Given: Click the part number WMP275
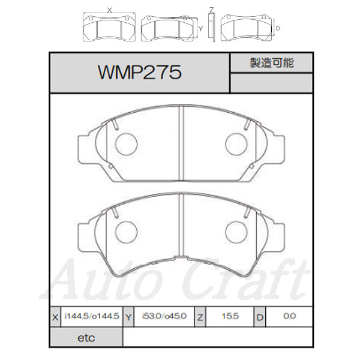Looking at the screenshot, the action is click(x=140, y=73).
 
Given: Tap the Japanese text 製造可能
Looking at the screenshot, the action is click(x=272, y=62).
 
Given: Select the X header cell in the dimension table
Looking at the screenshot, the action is click(x=55, y=317).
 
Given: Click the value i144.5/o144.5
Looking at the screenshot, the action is click(x=92, y=316).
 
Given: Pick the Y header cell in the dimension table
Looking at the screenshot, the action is click(x=128, y=317).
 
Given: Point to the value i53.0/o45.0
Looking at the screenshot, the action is click(x=164, y=316).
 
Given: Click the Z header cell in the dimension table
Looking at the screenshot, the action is click(x=200, y=317).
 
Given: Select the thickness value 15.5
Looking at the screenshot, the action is click(x=230, y=316).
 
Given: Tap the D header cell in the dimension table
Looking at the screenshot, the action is click(x=260, y=317).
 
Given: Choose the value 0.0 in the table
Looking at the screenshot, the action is click(x=290, y=316).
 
